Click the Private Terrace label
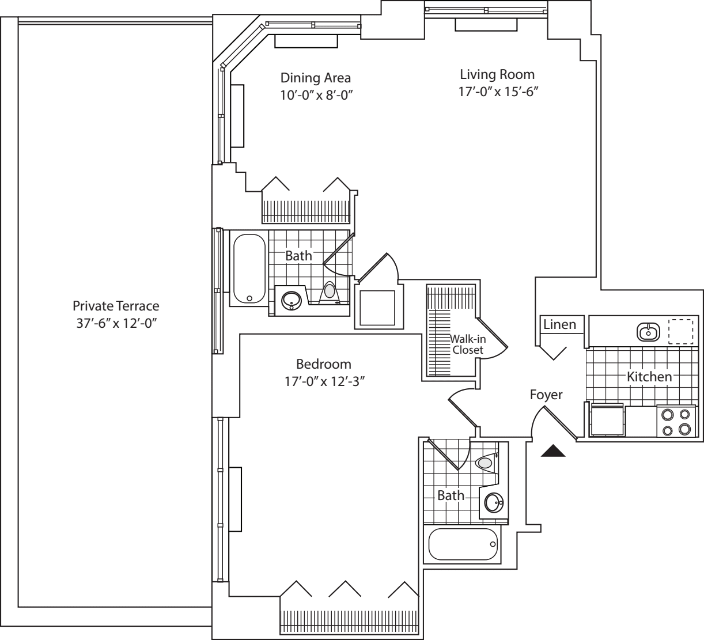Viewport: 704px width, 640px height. pos(116,306)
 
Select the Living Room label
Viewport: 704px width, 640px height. pos(497,74)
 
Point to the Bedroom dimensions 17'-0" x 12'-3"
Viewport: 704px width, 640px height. pos(323,381)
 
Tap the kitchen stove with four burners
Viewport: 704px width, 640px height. pos(676,421)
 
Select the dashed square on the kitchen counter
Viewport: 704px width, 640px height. pos(680,331)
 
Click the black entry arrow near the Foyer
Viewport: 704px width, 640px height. pos(553,451)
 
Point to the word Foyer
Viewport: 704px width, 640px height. pos(546,395)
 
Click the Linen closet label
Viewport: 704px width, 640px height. pos(559,325)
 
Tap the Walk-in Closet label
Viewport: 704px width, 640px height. pos(467,344)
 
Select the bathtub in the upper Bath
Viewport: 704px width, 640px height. pos(249,268)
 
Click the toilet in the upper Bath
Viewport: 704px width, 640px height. pos(330,292)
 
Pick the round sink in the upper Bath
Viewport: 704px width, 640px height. pos(290,300)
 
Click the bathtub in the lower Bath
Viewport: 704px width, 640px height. pos(463,544)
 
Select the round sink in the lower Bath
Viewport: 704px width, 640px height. pos(494,503)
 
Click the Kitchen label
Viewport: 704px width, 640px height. pos(649,377)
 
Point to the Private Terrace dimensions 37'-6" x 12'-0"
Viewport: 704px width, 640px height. pos(116,323)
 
